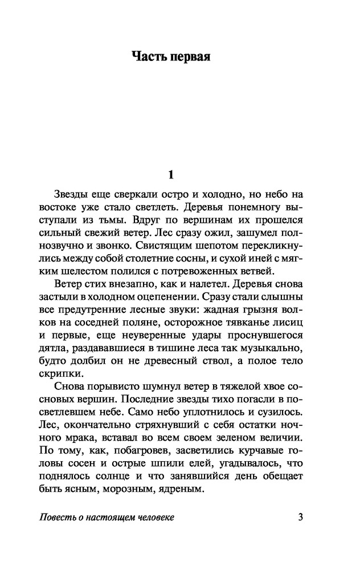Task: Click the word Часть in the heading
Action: pos(149,57)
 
